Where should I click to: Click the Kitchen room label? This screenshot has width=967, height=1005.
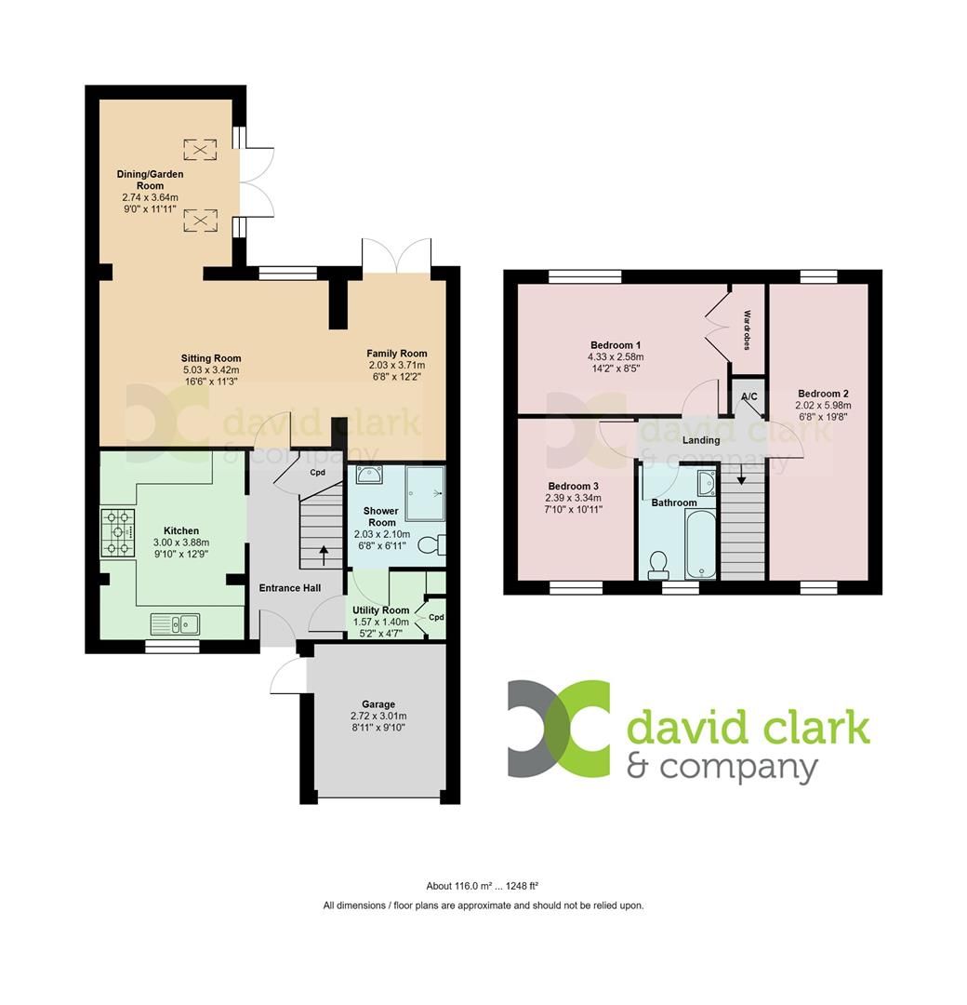[181, 530]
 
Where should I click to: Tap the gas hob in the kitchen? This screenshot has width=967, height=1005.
[118, 533]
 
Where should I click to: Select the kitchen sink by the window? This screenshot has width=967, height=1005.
[175, 621]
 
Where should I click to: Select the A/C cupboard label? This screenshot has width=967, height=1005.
[748, 397]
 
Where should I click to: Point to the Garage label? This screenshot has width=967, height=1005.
[378, 704]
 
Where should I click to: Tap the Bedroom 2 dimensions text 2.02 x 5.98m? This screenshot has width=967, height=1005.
[823, 406]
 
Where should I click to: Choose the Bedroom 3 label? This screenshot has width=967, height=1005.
[573, 486]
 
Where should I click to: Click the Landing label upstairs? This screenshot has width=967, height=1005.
[701, 440]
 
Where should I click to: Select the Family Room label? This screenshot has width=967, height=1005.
[396, 353]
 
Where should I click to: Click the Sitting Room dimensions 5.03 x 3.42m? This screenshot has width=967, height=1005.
[211, 370]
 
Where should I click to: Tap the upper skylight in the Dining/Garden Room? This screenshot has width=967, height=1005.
[199, 149]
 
